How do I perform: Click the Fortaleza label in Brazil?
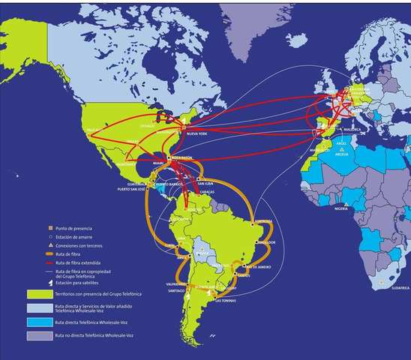(x=262, y=222)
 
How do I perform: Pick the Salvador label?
(x=266, y=242)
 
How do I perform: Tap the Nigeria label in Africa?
(x=342, y=208)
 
